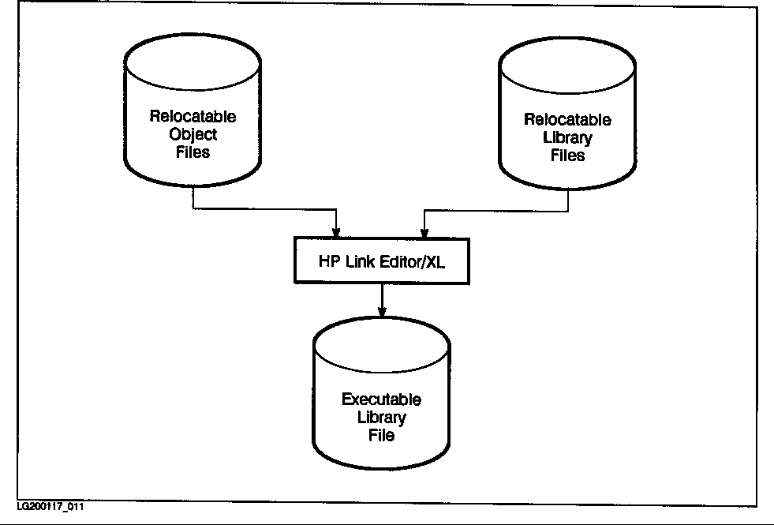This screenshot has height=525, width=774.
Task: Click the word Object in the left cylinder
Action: point(193,134)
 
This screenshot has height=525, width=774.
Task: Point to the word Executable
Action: point(382,399)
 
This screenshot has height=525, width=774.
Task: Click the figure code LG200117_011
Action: point(50,506)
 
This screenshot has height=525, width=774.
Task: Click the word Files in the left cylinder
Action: point(193,152)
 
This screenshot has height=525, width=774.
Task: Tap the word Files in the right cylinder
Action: point(567,156)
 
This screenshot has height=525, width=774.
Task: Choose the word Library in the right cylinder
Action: point(567,138)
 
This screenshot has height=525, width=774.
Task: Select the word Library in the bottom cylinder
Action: point(382,417)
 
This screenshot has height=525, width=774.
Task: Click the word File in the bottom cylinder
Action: point(382,434)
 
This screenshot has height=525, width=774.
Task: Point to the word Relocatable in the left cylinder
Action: point(193,117)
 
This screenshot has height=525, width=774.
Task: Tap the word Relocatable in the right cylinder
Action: point(567,121)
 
